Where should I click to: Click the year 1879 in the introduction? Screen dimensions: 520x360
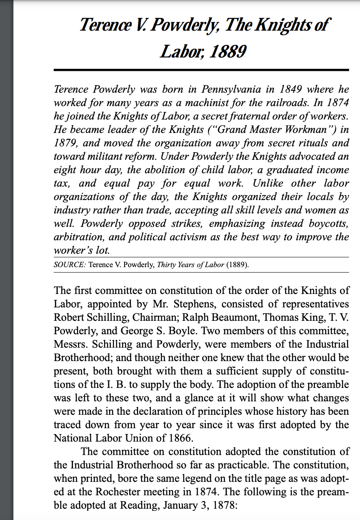66,143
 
